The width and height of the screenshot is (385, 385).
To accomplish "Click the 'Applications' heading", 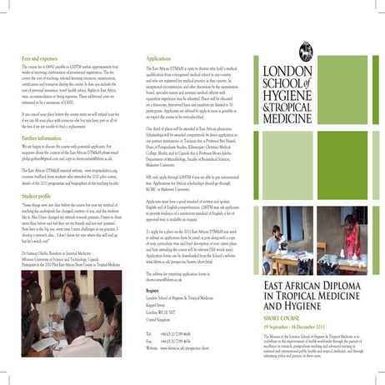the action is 158,60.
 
